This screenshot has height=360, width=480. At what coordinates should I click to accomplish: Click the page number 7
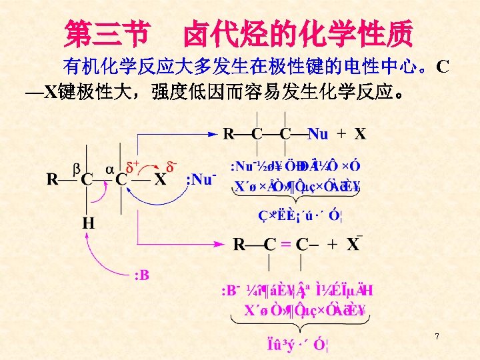pyautogui.click(x=437, y=337)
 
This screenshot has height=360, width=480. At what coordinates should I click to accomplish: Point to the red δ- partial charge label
pyautogui.click(x=172, y=163)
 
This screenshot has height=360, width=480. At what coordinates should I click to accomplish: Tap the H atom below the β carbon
pyautogui.click(x=87, y=223)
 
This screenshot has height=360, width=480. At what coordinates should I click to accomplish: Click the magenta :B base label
pyautogui.click(x=141, y=275)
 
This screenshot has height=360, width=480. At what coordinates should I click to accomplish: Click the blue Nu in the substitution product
pyautogui.click(x=317, y=134)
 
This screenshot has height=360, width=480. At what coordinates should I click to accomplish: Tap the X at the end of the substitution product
pyautogui.click(x=360, y=134)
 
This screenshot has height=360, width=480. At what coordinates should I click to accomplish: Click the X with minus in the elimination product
pyautogui.click(x=353, y=244)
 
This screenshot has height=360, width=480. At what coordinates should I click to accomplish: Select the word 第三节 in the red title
pyautogui.click(x=107, y=33)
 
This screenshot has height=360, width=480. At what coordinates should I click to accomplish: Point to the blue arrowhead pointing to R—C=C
pyautogui.click(x=225, y=243)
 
